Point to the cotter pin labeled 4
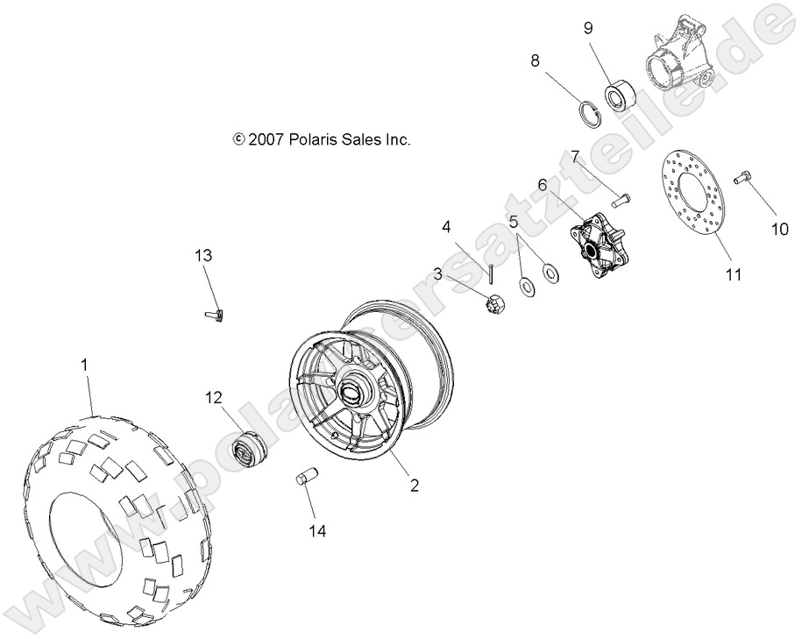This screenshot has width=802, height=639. point(493,273)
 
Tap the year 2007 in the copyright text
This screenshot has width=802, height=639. point(265,139)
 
